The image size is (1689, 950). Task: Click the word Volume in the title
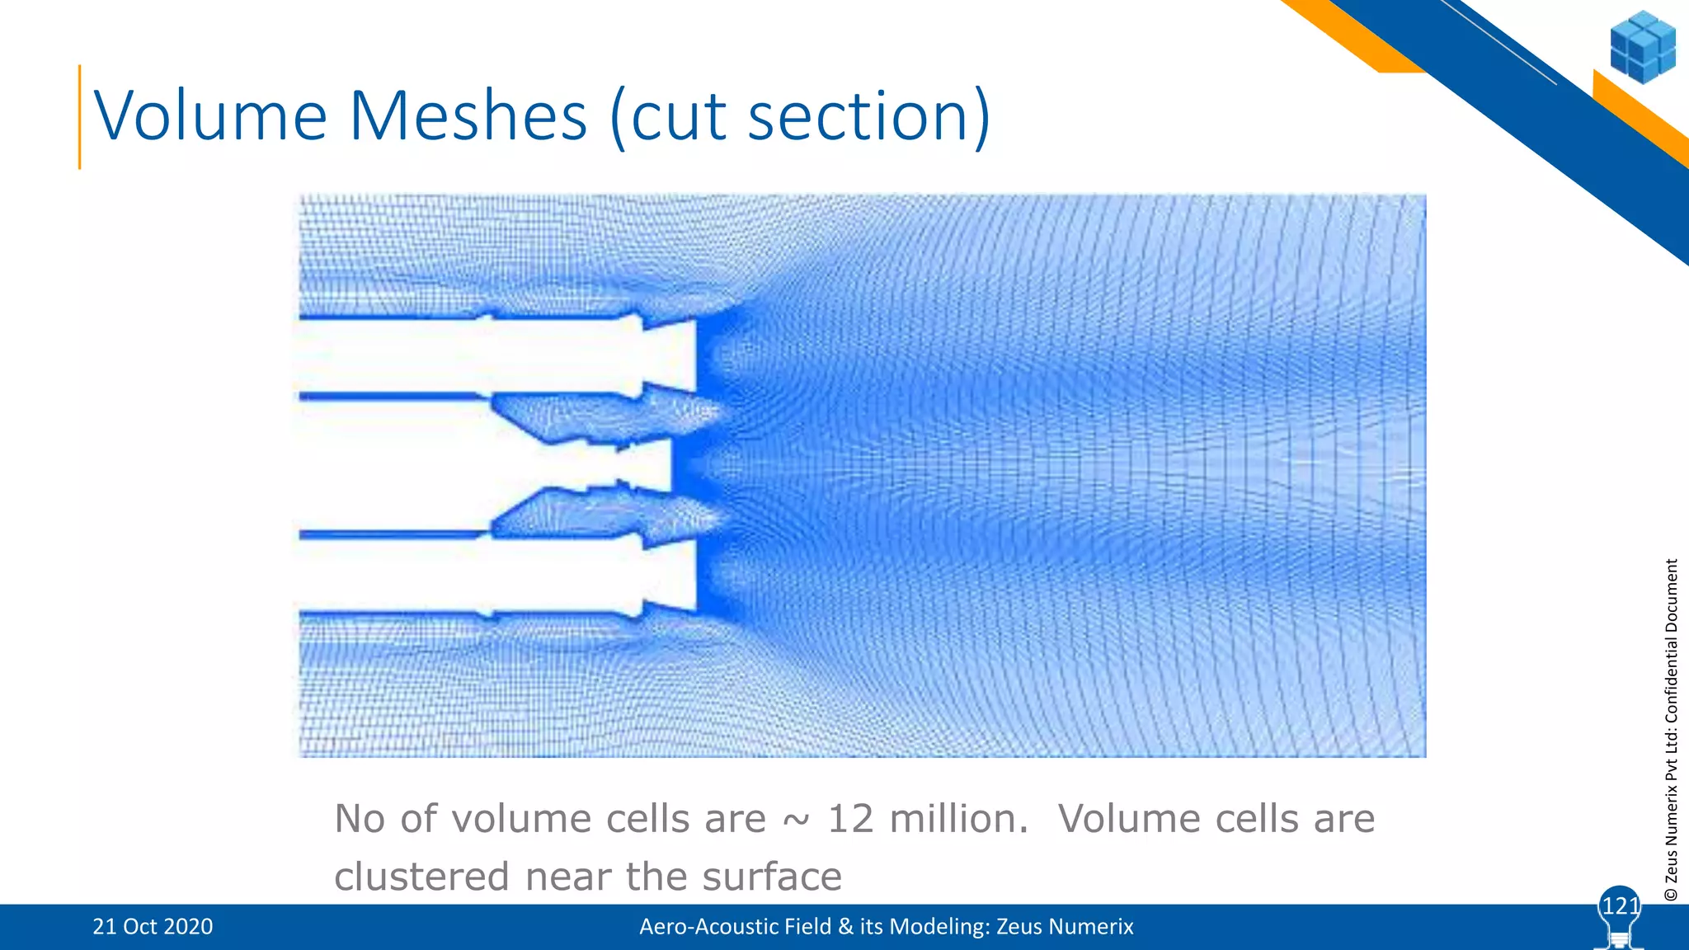pyautogui.click(x=211, y=116)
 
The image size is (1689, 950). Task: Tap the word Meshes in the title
pyautogui.click(x=468, y=116)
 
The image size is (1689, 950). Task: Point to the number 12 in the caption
pyautogui.click(x=850, y=819)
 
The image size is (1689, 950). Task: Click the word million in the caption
pyautogui.click(x=959, y=819)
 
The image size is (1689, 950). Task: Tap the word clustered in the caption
pyautogui.click(x=421, y=876)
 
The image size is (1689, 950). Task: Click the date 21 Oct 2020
pyautogui.click(x=153, y=927)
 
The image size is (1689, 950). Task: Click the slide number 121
pyautogui.click(x=1620, y=906)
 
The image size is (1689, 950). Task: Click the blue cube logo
pyautogui.click(x=1642, y=47)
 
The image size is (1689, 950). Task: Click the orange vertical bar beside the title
pyautogui.click(x=80, y=116)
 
